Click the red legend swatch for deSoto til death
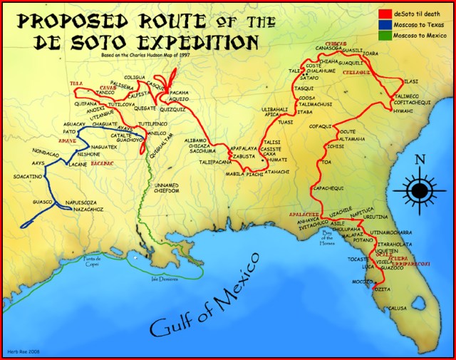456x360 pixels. (x=383, y=13)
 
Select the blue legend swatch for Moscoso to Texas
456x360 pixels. (x=383, y=24)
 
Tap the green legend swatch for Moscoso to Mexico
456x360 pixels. (x=383, y=34)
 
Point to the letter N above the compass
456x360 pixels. (x=420, y=160)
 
